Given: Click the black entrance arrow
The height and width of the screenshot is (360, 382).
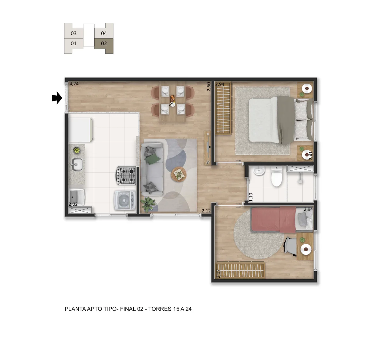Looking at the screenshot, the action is pos(57,98).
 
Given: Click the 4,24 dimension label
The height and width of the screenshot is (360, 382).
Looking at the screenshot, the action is pos(74,84).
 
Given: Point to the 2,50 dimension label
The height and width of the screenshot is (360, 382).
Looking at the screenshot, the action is pos(209,87).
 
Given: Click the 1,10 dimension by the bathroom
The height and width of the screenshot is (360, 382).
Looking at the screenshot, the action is pos(251,197).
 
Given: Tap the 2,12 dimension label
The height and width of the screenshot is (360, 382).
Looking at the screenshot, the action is pos(206,211).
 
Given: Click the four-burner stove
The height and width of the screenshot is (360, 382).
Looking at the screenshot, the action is pos(126,176).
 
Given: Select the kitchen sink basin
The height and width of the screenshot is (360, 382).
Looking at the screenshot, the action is pos(77,164).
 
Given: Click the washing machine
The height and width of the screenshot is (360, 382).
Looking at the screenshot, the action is pos(125,200).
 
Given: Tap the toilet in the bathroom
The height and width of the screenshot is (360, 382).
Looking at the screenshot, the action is pos(277,177).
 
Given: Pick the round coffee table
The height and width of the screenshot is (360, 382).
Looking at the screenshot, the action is pos(179,174).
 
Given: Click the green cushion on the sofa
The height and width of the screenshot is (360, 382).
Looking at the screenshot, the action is pos(153,159).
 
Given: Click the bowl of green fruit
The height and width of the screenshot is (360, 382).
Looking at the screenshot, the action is pos(77,150).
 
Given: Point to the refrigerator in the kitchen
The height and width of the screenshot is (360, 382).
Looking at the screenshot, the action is pos(80,130).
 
